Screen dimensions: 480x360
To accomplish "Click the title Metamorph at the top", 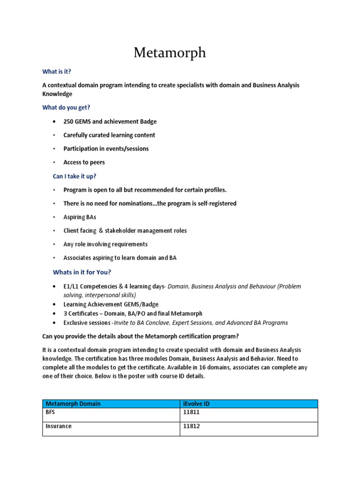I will tap(170, 52).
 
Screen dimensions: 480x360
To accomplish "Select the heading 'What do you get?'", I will tap(66, 107).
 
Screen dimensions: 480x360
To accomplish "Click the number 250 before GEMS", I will tap(69, 121).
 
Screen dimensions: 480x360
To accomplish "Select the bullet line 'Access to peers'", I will tap(84, 162).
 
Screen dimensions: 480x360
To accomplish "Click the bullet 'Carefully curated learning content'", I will tap(109, 135).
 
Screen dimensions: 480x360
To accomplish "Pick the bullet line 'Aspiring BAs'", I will tap(80, 217).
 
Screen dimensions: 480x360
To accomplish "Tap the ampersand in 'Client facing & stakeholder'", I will tap(101, 231).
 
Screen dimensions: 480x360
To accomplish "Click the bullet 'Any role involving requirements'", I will tap(105, 244).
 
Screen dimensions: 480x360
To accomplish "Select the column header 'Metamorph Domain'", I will tap(73, 404).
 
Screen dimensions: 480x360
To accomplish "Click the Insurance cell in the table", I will tap(58, 427).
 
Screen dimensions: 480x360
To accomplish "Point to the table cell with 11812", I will tap(192, 427).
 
